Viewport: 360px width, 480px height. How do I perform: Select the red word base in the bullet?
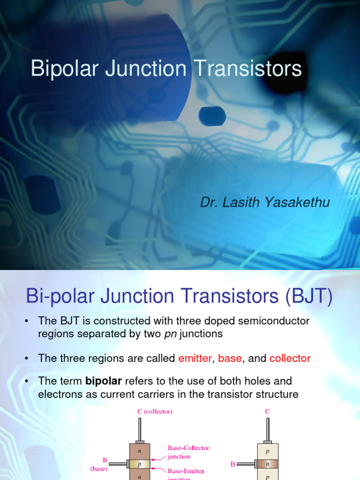(230, 359)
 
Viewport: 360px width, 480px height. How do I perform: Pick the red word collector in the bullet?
(290, 359)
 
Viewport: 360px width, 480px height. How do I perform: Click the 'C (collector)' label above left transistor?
(155, 412)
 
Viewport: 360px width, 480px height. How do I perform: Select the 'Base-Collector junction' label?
(188, 452)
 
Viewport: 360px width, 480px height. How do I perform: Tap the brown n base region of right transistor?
(268, 464)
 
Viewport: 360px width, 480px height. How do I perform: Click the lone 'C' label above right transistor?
(267, 412)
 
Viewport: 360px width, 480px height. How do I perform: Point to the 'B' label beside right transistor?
(233, 465)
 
